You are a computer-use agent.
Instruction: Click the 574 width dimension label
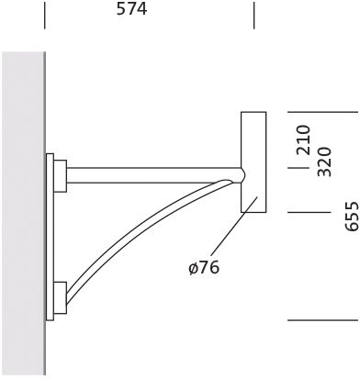coord(132,9)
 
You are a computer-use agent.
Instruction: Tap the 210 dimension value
coord(304,139)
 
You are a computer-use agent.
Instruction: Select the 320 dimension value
coord(324,162)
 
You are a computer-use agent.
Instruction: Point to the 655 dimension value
coord(351,216)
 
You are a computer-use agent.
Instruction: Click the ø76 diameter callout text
coord(204,267)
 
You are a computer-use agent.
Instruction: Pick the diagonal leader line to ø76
coord(234,229)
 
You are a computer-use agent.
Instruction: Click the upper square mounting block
coord(61,176)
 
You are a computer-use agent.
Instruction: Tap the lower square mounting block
coord(61,297)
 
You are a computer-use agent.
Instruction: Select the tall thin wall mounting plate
coord(50,237)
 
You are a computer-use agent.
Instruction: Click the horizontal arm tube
coord(154,175)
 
